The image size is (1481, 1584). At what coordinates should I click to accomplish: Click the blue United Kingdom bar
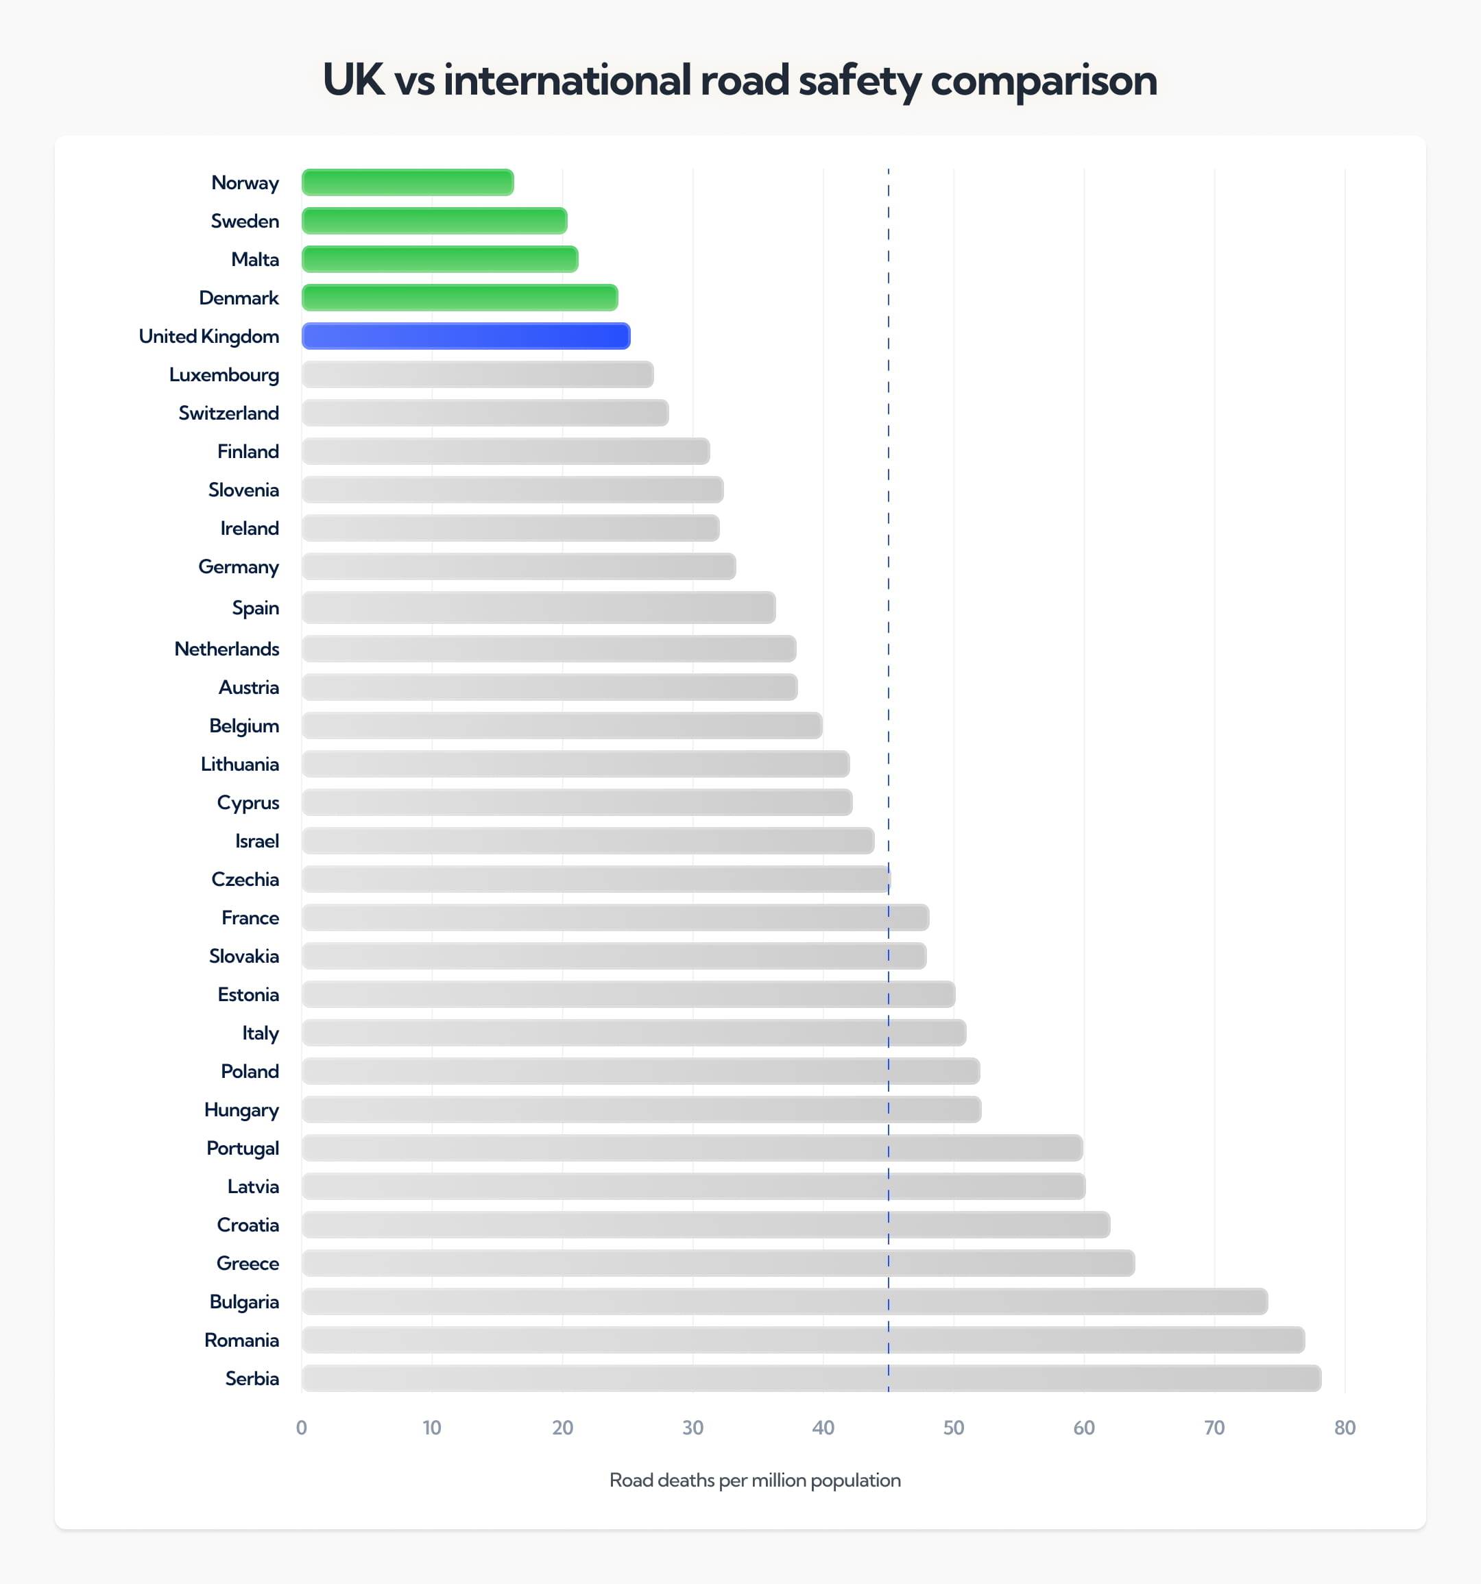(466, 336)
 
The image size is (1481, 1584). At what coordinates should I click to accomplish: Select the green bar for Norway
(407, 182)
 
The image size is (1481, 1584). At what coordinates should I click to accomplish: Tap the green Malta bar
(439, 259)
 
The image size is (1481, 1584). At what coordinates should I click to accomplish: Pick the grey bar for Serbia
(810, 1378)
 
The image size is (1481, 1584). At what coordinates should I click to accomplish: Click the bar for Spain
(538, 608)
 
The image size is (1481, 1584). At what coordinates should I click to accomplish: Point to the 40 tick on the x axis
(823, 1427)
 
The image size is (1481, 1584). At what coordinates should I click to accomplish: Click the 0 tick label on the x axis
(301, 1427)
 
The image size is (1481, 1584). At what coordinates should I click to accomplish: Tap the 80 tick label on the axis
(1345, 1427)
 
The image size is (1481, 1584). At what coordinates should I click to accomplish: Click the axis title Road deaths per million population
(754, 1480)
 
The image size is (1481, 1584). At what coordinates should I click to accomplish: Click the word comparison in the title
(1043, 80)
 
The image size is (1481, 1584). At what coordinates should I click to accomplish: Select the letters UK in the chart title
(353, 80)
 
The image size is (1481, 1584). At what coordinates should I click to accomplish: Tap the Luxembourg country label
(224, 374)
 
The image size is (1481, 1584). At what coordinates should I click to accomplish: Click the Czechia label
(245, 879)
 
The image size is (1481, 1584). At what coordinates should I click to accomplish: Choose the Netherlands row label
(226, 649)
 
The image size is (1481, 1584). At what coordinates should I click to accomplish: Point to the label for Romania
(241, 1340)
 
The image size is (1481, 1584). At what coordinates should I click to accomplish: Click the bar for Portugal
(692, 1148)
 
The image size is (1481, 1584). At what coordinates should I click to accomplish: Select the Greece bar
(717, 1264)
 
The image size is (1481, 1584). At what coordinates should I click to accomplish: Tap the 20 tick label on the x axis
(562, 1427)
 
